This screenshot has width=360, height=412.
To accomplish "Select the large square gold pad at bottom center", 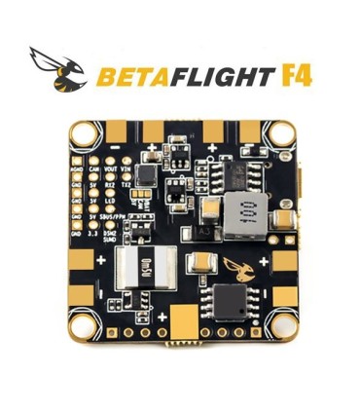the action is tap(182, 318).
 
